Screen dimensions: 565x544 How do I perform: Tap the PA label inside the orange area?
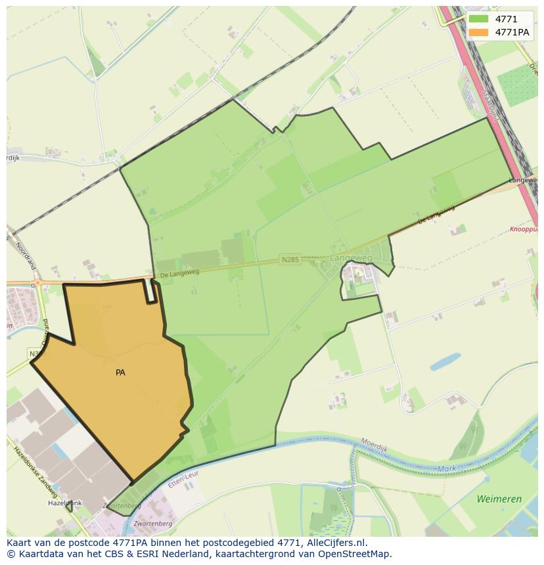[120, 373]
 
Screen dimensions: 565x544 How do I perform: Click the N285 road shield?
[289, 260]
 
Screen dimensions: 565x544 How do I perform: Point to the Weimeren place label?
[499, 499]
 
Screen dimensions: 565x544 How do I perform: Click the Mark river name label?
[447, 469]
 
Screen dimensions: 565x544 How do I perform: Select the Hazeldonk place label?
[64, 503]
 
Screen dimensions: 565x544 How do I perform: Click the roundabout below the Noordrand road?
[37, 283]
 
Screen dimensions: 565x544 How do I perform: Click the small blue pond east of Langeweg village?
[445, 362]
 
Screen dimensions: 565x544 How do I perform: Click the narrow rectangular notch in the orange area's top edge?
[151, 291]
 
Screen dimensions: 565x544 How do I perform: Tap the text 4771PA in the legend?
[512, 32]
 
